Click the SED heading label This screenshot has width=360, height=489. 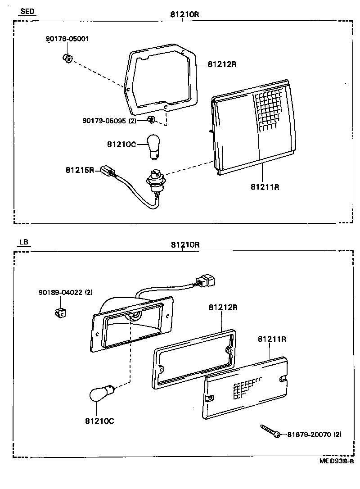coord(27,12)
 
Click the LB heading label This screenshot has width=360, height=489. coord(24,242)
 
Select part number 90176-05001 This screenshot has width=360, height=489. coord(67,39)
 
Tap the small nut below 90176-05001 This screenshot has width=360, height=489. coord(67,59)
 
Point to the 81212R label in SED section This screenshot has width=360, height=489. coord(222,64)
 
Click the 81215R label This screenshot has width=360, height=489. coord(80,170)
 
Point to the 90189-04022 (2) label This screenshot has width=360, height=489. coord(65,293)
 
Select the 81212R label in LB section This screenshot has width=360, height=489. coord(223,308)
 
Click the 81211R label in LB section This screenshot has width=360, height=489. coord(272,339)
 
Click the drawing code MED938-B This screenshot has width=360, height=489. coord(337,461)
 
